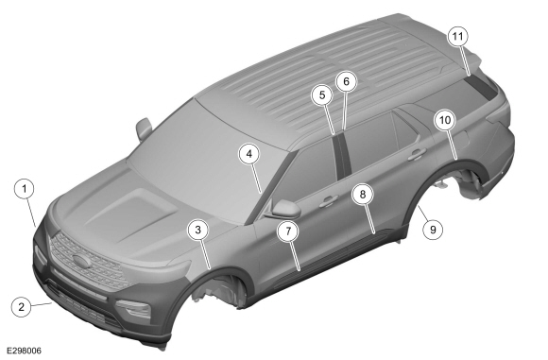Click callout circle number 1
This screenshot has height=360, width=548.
coord(25,189)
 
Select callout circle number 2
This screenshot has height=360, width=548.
coord(22,307)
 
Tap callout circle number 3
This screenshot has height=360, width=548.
coord(198,230)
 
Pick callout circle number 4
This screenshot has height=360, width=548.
coord(249,154)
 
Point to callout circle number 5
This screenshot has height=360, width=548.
coord(322,94)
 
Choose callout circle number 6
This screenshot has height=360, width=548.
coord(346,81)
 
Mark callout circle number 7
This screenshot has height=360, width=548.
coord(288,231)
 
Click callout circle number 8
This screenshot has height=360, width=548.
coord(363,195)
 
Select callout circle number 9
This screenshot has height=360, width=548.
coord(433,230)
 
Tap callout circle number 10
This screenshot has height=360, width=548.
coord(445,120)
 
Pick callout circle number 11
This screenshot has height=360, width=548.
coord(458,36)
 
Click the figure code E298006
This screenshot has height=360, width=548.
coord(25,351)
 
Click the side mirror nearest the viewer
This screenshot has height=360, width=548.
coord(283,210)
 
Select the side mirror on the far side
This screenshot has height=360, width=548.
coord(144,129)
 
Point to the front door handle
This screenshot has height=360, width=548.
coord(328,200)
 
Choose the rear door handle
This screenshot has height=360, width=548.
coord(417,154)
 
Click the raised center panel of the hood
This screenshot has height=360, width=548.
coord(132,209)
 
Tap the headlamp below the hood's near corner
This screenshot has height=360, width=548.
coord(134,308)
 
